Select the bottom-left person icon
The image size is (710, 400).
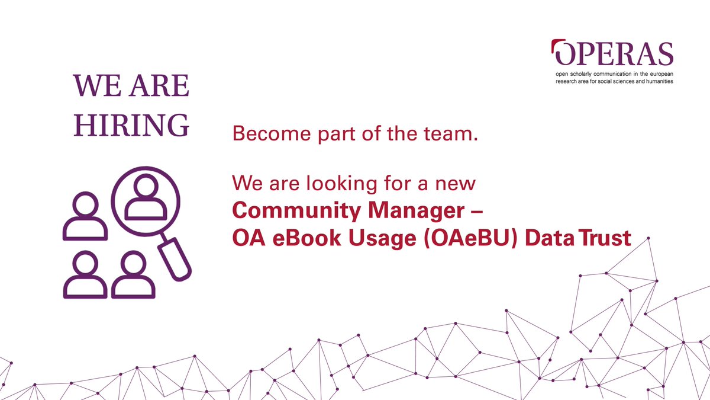86,275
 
